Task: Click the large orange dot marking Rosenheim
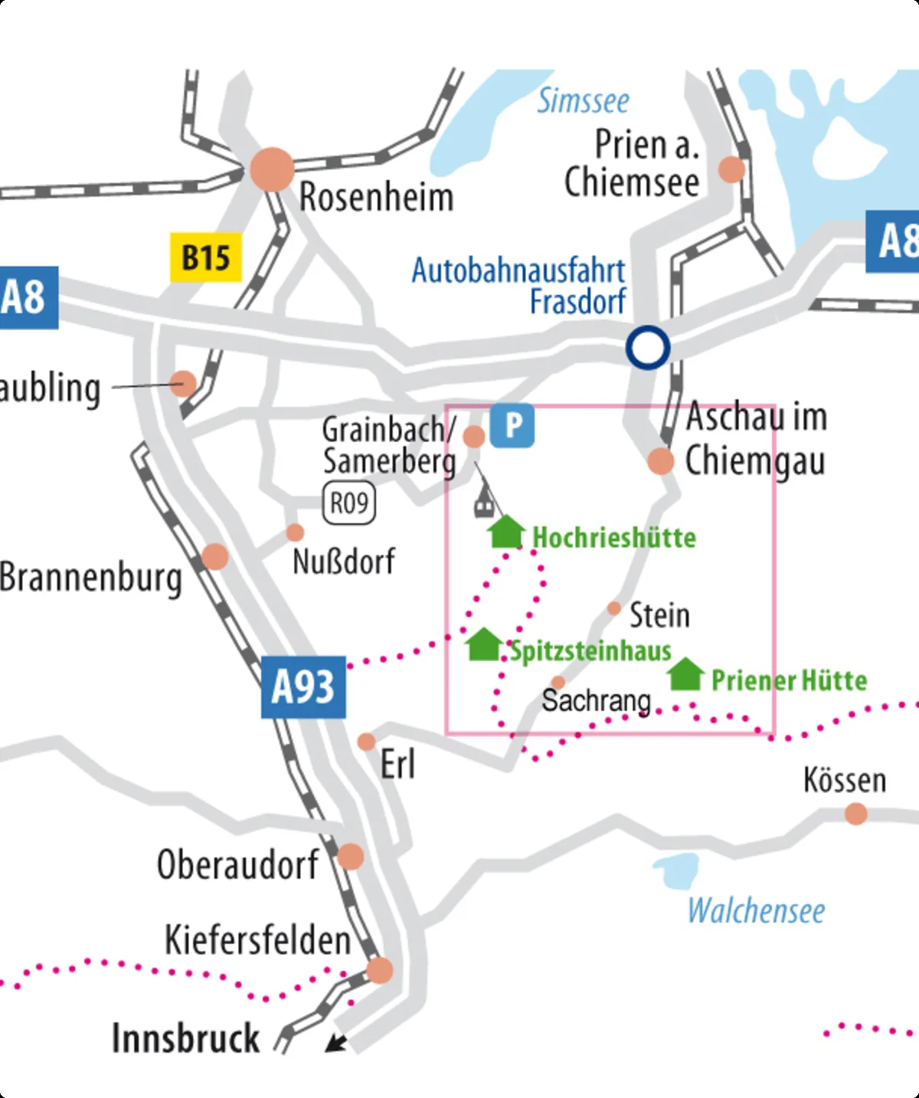click(x=272, y=169)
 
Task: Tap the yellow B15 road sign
click(x=205, y=257)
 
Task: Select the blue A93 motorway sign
click(x=303, y=687)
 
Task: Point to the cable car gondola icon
click(x=483, y=505)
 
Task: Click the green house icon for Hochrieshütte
click(x=506, y=532)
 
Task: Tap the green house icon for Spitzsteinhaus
click(x=484, y=644)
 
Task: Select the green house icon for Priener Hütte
click(x=685, y=674)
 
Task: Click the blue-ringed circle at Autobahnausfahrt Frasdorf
click(x=648, y=348)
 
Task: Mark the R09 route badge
click(x=349, y=503)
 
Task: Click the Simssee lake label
click(x=583, y=101)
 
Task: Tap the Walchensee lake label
click(x=756, y=911)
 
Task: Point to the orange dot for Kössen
click(x=855, y=813)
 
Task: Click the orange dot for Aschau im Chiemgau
click(x=660, y=461)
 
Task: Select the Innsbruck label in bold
click(x=185, y=1039)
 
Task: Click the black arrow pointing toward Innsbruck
click(x=335, y=1042)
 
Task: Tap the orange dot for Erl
click(x=367, y=742)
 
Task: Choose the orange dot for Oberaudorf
click(x=351, y=856)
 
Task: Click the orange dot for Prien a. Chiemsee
click(x=731, y=169)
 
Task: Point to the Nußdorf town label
click(x=344, y=562)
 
